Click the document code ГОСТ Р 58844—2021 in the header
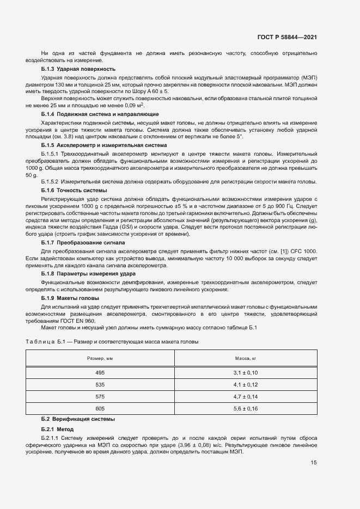287,37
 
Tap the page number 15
314,463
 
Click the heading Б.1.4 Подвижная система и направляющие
100,114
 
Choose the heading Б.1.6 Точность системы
74,190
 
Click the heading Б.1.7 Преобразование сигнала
83,242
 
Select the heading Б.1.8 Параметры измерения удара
89,274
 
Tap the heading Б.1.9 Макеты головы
70,299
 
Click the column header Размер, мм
100,358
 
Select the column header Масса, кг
246,358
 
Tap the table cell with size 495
100,372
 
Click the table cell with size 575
100,396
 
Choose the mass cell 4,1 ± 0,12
246,384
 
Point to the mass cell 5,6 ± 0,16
246,408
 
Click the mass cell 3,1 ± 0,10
246,372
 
